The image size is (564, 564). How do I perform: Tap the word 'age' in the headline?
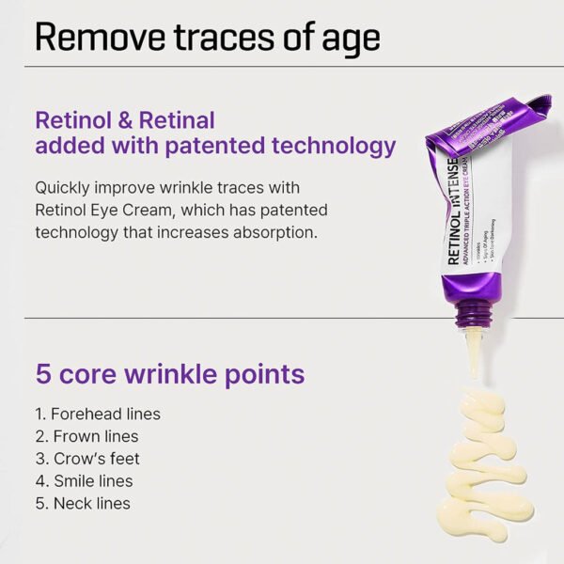click(x=345, y=39)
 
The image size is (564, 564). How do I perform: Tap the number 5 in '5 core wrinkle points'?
click(x=42, y=373)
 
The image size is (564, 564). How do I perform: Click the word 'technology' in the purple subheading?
click(x=331, y=147)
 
